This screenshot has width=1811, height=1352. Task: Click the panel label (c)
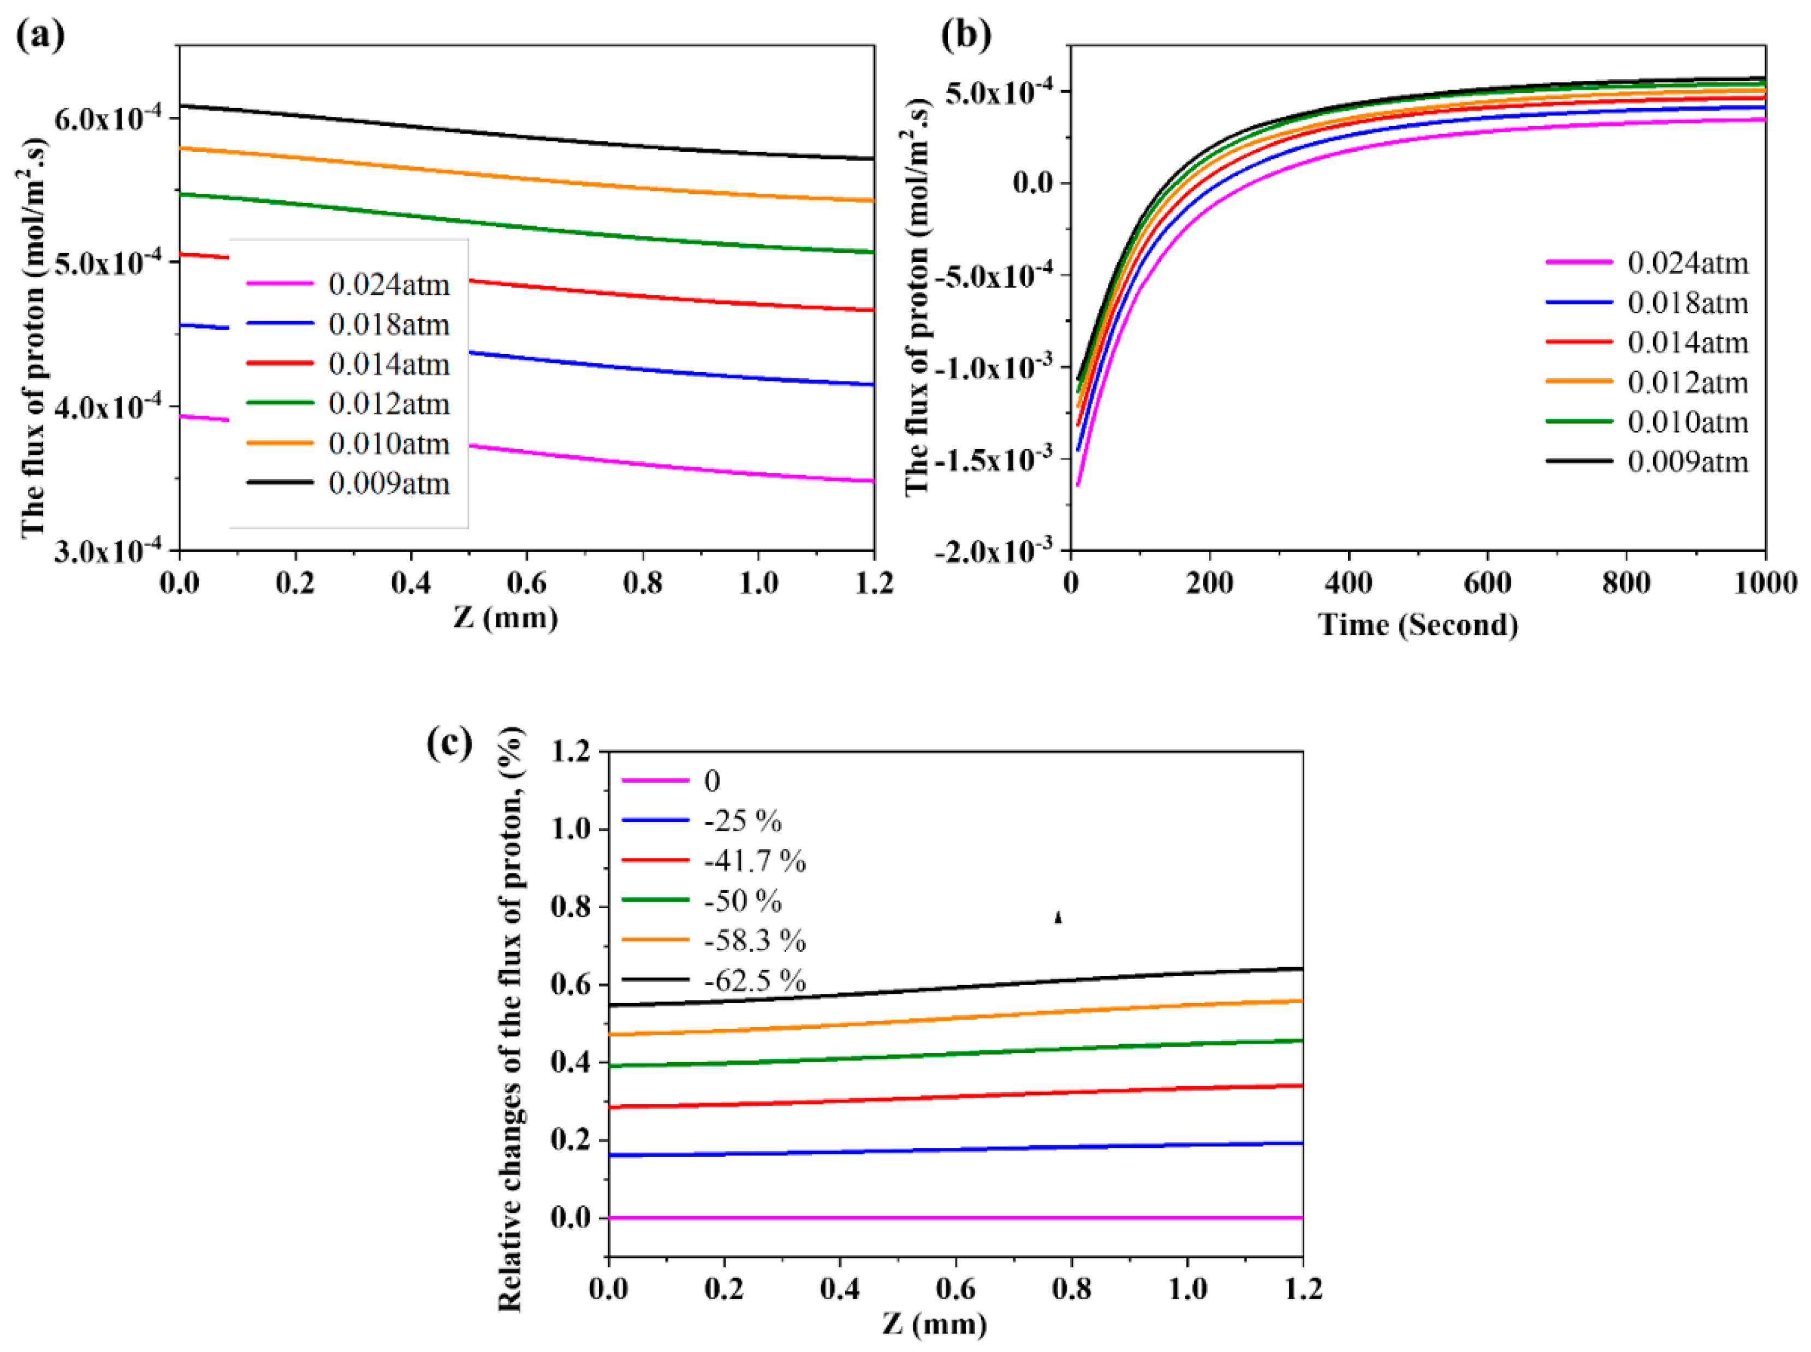(449, 742)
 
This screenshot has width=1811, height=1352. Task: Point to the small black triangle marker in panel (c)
(1058, 918)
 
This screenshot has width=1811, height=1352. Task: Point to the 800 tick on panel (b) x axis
(1626, 583)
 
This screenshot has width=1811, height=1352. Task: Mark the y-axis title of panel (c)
(510, 1019)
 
